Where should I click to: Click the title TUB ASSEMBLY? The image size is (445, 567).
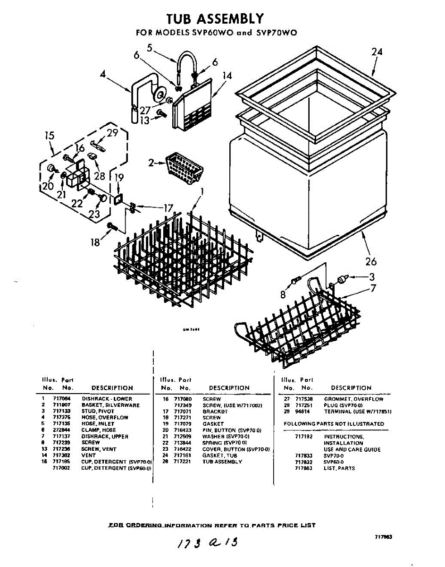[216, 18]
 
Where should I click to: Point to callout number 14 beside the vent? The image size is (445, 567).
[227, 76]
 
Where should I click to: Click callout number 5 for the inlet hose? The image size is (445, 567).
[149, 47]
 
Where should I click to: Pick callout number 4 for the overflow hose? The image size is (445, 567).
[103, 74]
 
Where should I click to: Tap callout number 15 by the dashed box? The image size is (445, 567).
[50, 136]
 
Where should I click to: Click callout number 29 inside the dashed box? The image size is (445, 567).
[112, 133]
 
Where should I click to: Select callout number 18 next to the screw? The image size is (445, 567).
[95, 242]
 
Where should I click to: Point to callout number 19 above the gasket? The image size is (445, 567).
[119, 178]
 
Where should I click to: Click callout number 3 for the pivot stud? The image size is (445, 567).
[372, 277]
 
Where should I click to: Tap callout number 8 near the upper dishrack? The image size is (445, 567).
[283, 294]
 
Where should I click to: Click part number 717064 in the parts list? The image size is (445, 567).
[60, 399]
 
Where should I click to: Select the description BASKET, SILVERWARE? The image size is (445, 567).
[110, 405]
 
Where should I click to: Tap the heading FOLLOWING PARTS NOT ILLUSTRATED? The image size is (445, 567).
[334, 424]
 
